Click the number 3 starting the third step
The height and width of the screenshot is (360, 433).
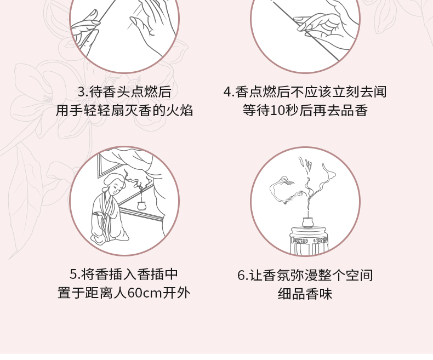point(81,92)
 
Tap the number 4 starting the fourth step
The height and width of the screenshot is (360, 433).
point(227,92)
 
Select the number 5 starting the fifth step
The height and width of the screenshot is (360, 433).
point(73,274)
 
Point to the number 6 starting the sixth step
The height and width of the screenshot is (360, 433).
point(241,275)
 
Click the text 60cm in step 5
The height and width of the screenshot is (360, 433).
point(145,293)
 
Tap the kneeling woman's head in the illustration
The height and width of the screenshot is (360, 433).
point(114,183)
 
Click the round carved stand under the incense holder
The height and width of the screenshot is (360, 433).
point(309,239)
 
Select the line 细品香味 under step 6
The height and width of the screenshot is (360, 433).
point(305,294)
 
